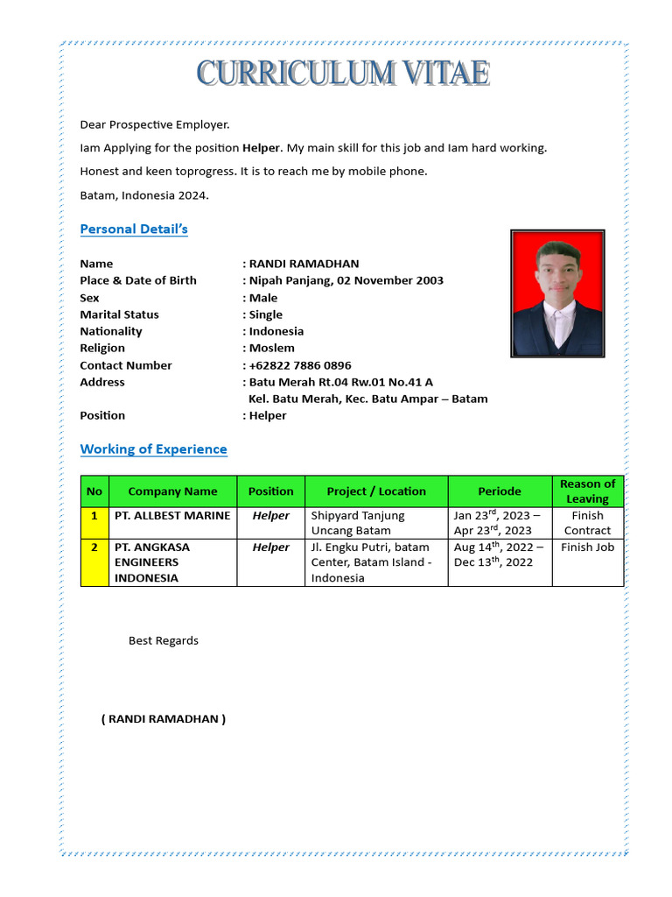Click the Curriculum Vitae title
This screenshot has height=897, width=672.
click(342, 74)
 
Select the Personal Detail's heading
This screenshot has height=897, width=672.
click(134, 230)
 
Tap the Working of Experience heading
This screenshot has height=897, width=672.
click(153, 449)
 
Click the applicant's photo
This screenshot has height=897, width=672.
click(557, 293)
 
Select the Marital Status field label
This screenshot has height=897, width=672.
click(119, 314)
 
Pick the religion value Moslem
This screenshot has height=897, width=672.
click(271, 348)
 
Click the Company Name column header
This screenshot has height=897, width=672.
click(172, 491)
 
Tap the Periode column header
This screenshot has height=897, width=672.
click(500, 491)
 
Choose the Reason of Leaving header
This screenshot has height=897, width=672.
click(587, 491)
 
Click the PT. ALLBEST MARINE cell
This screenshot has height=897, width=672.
click(172, 516)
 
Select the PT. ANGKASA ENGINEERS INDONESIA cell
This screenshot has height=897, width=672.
click(172, 562)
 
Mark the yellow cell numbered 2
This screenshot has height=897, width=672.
click(94, 562)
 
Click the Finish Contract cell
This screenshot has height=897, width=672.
click(587, 523)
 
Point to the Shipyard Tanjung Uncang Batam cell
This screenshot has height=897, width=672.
click(376, 523)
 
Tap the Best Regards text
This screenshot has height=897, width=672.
click(164, 640)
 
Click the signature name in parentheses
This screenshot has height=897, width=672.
click(164, 719)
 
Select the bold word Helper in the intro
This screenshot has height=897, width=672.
click(262, 148)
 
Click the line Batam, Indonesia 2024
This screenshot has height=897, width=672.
click(144, 195)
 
